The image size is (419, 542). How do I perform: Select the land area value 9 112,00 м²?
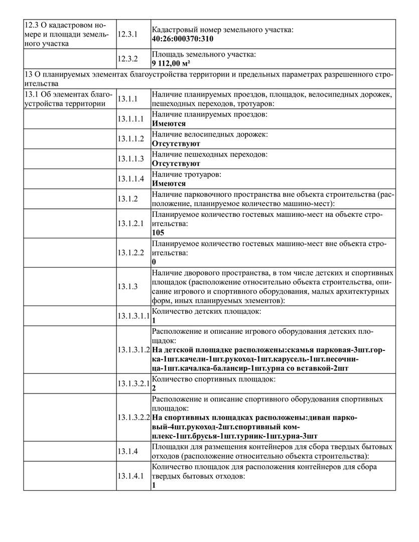(171, 63)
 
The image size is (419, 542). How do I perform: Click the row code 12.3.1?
(127, 34)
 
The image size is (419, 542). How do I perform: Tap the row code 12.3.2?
(127, 58)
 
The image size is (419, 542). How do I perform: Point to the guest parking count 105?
(158, 233)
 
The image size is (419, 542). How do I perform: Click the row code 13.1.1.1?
(130, 119)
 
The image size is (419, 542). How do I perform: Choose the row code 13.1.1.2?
(130, 139)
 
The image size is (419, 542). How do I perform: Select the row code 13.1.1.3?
(130, 159)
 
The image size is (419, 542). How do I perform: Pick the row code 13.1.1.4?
(130, 179)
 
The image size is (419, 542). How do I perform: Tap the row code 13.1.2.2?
(130, 253)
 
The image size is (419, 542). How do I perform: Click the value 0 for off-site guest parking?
(154, 262)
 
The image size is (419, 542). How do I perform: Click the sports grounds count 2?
(154, 388)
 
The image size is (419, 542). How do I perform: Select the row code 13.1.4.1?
(130, 476)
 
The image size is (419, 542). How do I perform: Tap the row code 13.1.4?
(127, 451)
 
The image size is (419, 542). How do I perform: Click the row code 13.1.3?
(127, 287)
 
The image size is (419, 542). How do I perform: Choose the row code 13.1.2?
(127, 199)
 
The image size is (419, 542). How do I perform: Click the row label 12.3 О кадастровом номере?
(65, 34)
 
